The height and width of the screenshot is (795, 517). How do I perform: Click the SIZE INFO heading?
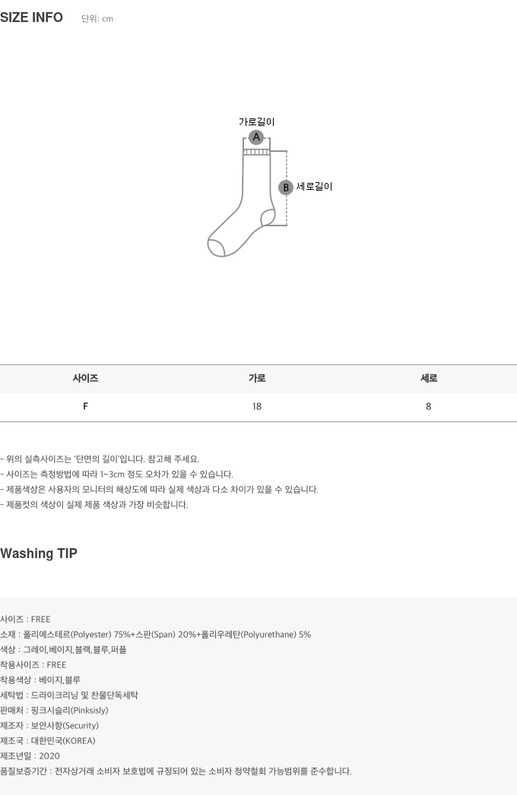31,17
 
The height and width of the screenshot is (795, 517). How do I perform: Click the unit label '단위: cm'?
97,19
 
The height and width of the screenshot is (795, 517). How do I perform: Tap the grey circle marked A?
256,137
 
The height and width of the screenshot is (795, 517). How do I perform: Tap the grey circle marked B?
286,188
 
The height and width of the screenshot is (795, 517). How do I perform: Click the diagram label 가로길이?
256,121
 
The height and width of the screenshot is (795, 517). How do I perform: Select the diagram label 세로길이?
314,187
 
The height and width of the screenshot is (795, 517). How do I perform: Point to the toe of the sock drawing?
215,247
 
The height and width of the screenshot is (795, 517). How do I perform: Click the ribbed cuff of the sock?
256,152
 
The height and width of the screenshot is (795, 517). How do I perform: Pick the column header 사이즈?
85,378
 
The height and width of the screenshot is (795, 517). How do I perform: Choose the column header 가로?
257,378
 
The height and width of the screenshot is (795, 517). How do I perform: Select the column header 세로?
429,378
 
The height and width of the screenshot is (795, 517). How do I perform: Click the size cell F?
85,406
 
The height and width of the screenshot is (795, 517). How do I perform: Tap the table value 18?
257,406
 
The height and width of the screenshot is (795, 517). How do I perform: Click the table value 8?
429,406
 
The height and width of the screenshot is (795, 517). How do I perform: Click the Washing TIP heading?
39,554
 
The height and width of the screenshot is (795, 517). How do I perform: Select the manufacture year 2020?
49,756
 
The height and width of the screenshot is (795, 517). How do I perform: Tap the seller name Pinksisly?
90,710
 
